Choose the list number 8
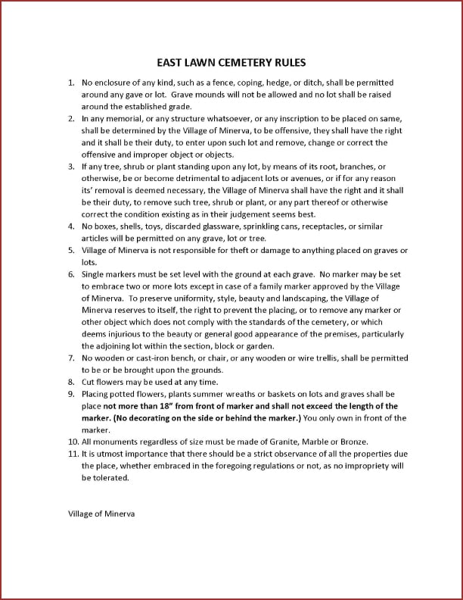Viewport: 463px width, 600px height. tap(71, 382)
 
